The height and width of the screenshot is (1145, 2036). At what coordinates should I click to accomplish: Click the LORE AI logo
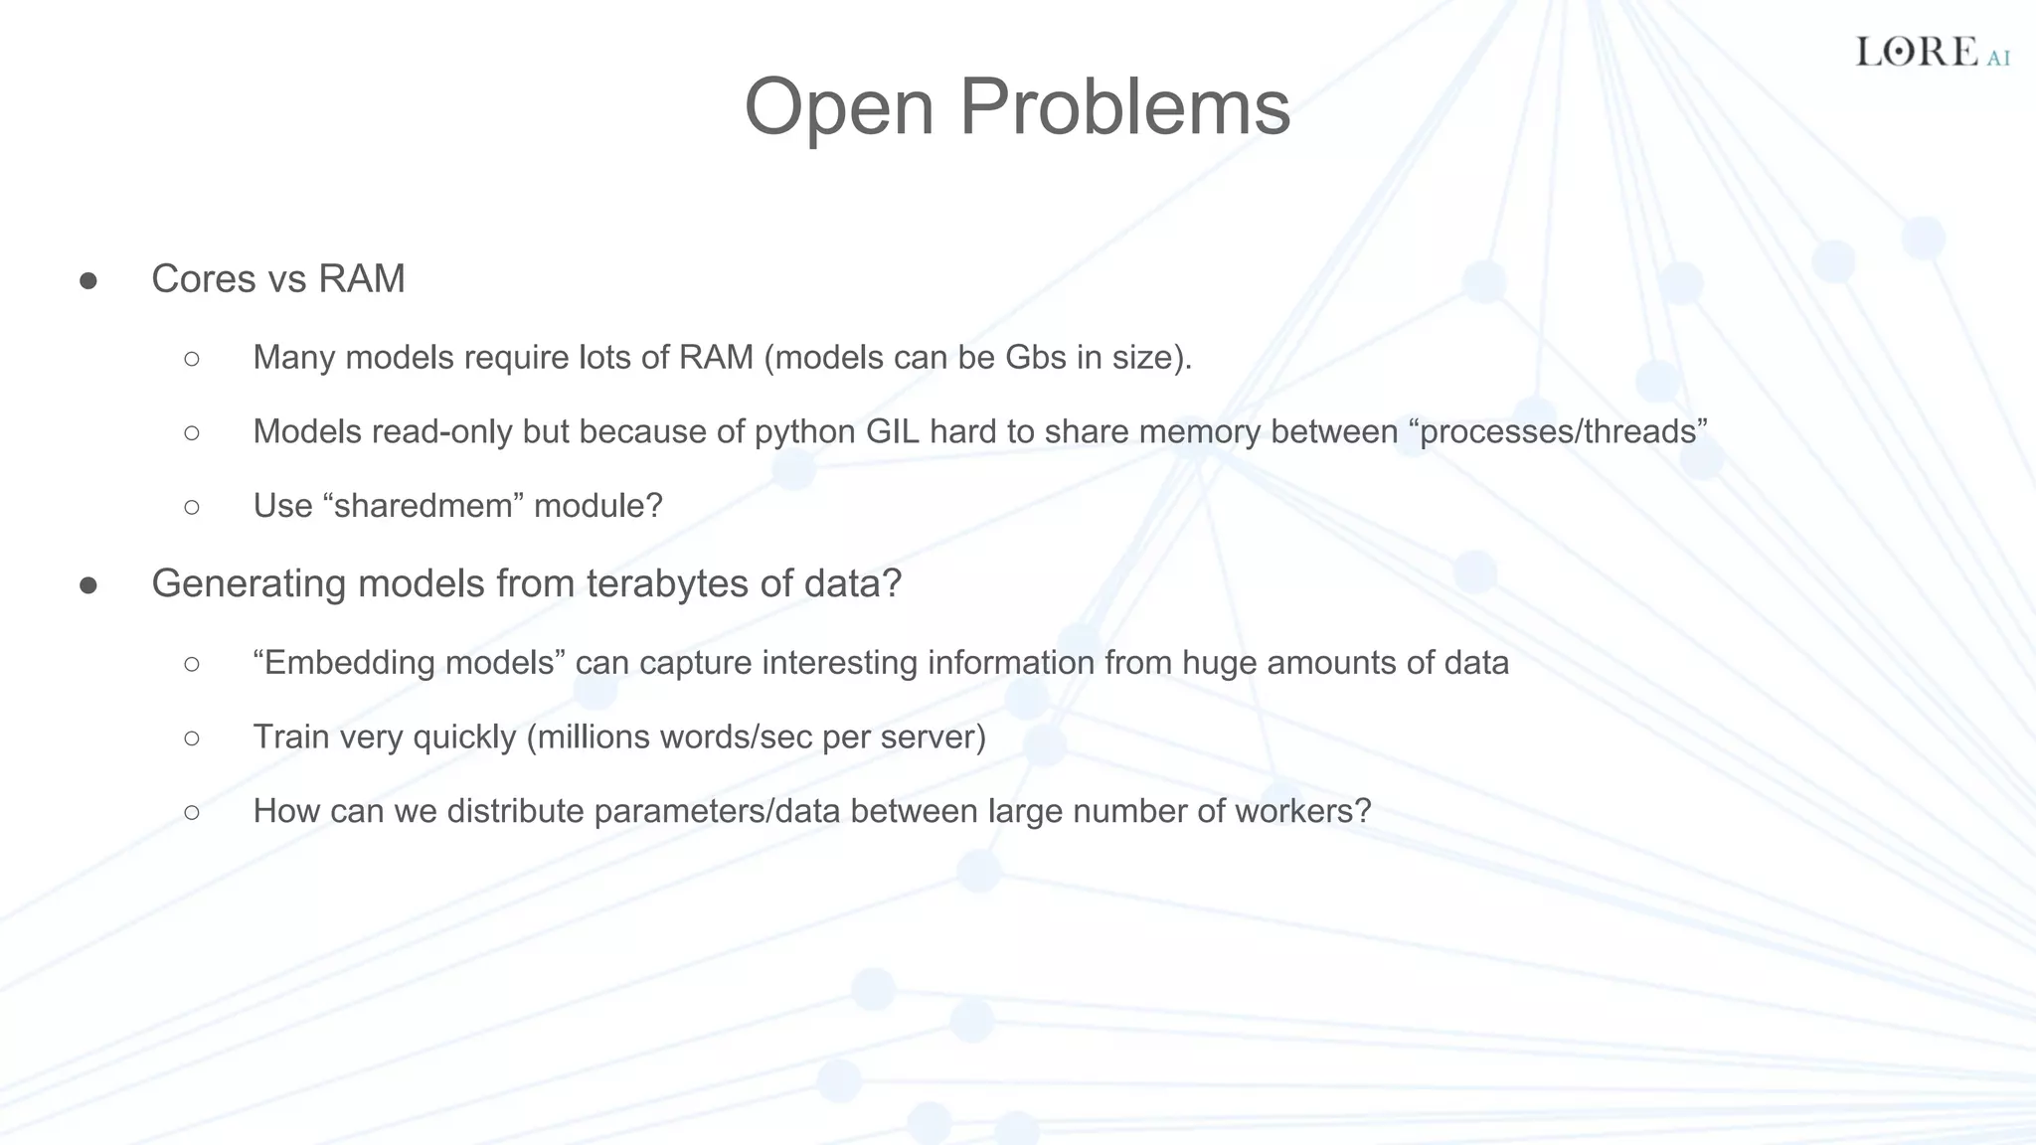1932,53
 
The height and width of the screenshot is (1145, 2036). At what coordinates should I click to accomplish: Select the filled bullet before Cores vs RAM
88,281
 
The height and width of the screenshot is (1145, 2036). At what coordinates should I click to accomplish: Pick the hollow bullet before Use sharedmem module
192,507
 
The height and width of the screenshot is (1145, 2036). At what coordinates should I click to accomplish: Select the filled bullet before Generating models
88,586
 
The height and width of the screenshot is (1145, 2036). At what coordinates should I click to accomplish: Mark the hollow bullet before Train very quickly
192,737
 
